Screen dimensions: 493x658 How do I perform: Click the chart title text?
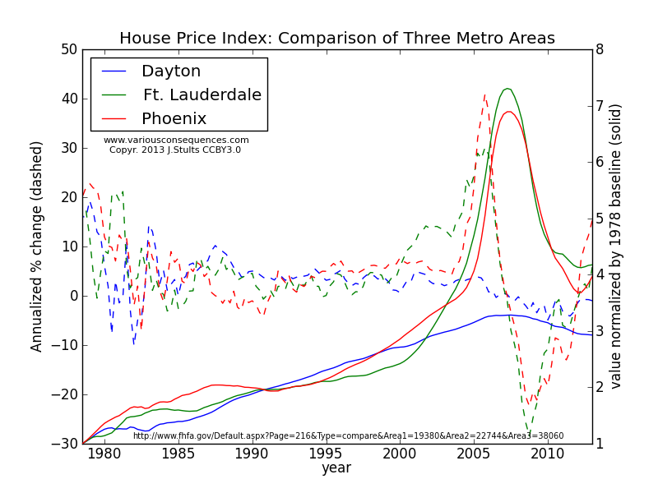pyautogui.click(x=337, y=39)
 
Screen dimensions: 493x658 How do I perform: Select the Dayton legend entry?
pyautogui.click(x=171, y=71)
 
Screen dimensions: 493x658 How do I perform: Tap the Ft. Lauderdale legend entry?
pyautogui.click(x=202, y=95)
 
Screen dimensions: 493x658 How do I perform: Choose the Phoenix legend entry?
pyautogui.click(x=174, y=119)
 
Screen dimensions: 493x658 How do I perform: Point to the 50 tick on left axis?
pyautogui.click(x=68, y=49)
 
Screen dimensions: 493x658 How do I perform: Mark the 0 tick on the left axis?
pyautogui.click(x=72, y=296)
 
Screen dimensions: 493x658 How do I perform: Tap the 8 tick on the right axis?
pyautogui.click(x=600, y=49)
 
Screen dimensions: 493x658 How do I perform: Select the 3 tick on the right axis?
pyautogui.click(x=600, y=331)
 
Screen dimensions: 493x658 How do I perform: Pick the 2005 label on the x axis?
pyautogui.click(x=473, y=454)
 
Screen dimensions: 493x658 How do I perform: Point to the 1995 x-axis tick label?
pyautogui.click(x=326, y=454)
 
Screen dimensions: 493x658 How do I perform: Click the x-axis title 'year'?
pyautogui.click(x=336, y=468)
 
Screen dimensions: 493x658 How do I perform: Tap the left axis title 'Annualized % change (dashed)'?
pyautogui.click(x=37, y=246)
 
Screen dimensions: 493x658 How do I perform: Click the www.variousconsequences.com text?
pyautogui.click(x=176, y=141)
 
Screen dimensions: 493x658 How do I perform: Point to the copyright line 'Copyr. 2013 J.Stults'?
pyautogui.click(x=175, y=150)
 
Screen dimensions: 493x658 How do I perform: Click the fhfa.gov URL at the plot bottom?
pyautogui.click(x=349, y=436)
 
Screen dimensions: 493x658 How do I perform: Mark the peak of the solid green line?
pyautogui.click(x=507, y=89)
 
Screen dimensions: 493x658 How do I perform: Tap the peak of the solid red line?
pyautogui.click(x=509, y=112)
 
